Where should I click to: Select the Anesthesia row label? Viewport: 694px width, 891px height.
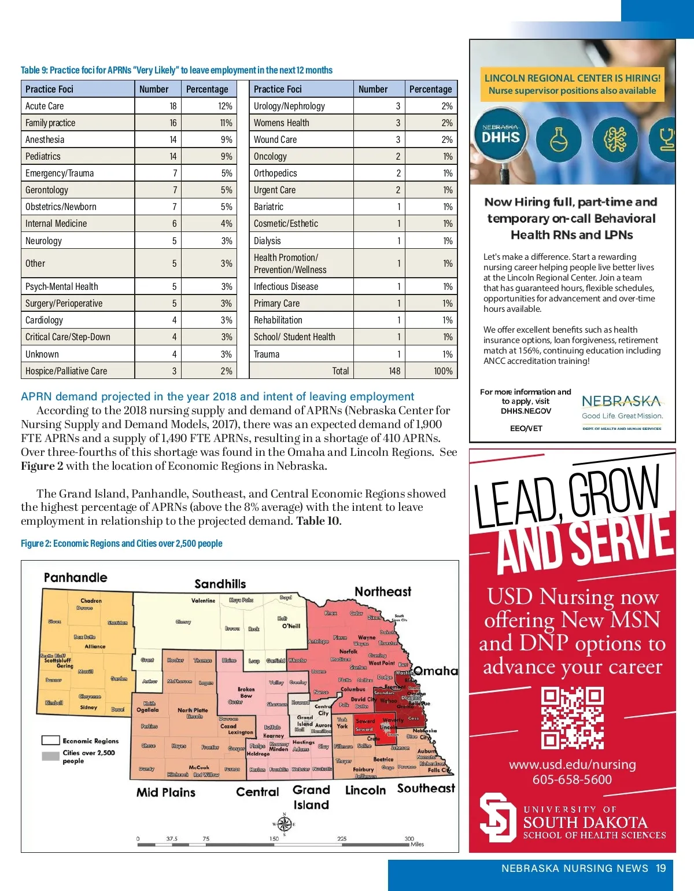[x=45, y=139]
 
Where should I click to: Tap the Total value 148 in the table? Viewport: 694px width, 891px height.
[x=394, y=371]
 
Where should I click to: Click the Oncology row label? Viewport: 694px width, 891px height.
[x=270, y=156]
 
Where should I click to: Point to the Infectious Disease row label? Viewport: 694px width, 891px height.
[x=286, y=286]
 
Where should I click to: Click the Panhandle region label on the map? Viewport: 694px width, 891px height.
[x=75, y=577]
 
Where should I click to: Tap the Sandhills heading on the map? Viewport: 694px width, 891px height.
[x=220, y=584]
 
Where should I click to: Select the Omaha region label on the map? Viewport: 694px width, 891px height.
[x=435, y=671]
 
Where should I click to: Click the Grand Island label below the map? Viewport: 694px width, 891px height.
[x=311, y=797]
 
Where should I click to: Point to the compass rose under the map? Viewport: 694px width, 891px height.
[x=284, y=824]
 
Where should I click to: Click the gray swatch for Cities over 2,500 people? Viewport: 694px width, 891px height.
[x=50, y=756]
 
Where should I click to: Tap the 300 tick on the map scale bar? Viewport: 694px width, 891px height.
[x=409, y=838]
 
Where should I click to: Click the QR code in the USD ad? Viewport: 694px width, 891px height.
[x=572, y=718]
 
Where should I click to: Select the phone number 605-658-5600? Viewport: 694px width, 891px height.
[x=572, y=779]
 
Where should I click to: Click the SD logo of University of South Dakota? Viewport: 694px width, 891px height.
[x=497, y=817]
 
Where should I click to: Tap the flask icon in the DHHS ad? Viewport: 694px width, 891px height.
[x=558, y=139]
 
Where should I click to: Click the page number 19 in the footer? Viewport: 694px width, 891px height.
[x=661, y=868]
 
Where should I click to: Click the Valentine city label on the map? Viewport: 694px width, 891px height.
[x=203, y=601]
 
